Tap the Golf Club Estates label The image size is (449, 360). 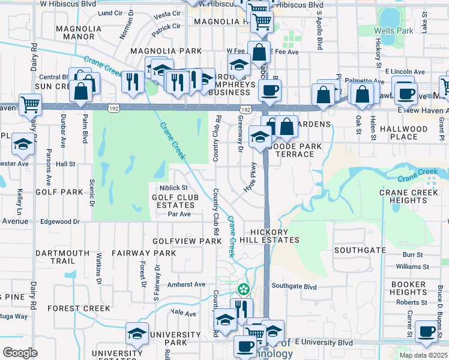175,201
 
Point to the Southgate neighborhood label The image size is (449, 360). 360,250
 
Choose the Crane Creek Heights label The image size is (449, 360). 411,196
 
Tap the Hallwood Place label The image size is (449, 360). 416,133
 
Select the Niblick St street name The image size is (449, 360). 173,188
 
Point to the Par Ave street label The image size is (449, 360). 179,214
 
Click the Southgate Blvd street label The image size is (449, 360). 294,286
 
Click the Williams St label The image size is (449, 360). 412,266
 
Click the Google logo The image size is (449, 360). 20,353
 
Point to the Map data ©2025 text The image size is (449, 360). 423,355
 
